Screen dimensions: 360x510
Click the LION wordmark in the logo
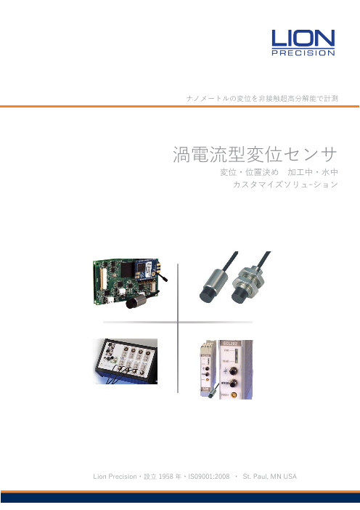coord(303,38)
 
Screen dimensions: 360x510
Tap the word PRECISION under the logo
coord(303,53)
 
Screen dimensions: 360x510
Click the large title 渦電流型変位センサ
coord(255,155)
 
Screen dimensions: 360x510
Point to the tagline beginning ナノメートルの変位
coord(262,98)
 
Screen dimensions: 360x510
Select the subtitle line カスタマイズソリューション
coord(285,185)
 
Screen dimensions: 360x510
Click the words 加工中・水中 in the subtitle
coord(313,172)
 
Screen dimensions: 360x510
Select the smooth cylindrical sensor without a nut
coord(215,281)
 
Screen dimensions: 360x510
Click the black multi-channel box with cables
coord(126,361)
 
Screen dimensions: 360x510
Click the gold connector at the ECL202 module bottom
coord(234,395)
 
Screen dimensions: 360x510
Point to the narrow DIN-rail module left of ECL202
coord(208,368)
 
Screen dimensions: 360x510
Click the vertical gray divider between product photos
coord(178,328)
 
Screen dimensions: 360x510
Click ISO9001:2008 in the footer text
coord(209,477)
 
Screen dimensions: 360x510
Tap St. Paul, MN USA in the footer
coord(270,477)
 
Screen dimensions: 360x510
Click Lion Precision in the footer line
coord(115,477)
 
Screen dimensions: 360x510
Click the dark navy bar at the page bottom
coord(180,498)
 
